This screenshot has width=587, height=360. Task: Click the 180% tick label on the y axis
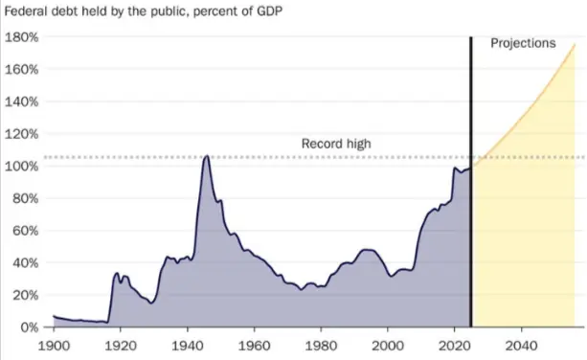pyautogui.click(x=21, y=37)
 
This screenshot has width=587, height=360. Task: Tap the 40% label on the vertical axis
pyautogui.click(x=24, y=262)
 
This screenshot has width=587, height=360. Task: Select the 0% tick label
pyautogui.click(x=28, y=326)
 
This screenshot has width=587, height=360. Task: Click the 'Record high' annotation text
pyautogui.click(x=336, y=145)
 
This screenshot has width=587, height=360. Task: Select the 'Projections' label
pyautogui.click(x=522, y=44)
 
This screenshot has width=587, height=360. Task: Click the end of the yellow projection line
pyautogui.click(x=575, y=45)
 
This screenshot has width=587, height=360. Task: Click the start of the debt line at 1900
pyautogui.click(x=54, y=316)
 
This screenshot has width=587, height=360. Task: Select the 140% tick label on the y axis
pyautogui.click(x=21, y=101)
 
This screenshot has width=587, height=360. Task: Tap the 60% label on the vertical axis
pyautogui.click(x=24, y=230)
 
